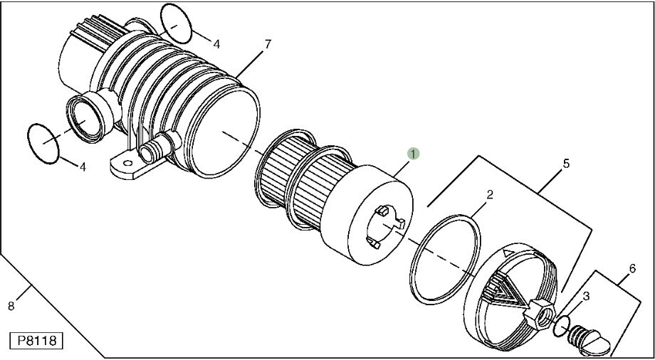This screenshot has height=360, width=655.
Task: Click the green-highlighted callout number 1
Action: (413, 154)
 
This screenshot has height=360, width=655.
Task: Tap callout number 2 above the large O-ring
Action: (490, 195)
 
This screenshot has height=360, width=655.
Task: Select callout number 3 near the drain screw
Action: (586, 297)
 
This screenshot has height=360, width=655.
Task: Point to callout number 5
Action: (566, 164)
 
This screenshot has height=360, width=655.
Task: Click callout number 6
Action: (632, 268)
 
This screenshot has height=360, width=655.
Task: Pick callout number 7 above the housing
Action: (268, 44)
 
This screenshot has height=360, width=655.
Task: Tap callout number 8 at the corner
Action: (11, 306)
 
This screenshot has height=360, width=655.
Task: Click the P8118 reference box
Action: (36, 340)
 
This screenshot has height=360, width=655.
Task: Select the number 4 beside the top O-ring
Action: (216, 44)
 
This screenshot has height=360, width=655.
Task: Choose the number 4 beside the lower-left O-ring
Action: (83, 167)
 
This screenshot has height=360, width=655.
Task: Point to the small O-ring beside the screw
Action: (562, 326)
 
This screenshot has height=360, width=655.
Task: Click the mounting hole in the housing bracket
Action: (128, 164)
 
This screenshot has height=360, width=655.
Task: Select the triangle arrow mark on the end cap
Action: (508, 253)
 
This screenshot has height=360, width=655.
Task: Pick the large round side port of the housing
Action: (85, 119)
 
